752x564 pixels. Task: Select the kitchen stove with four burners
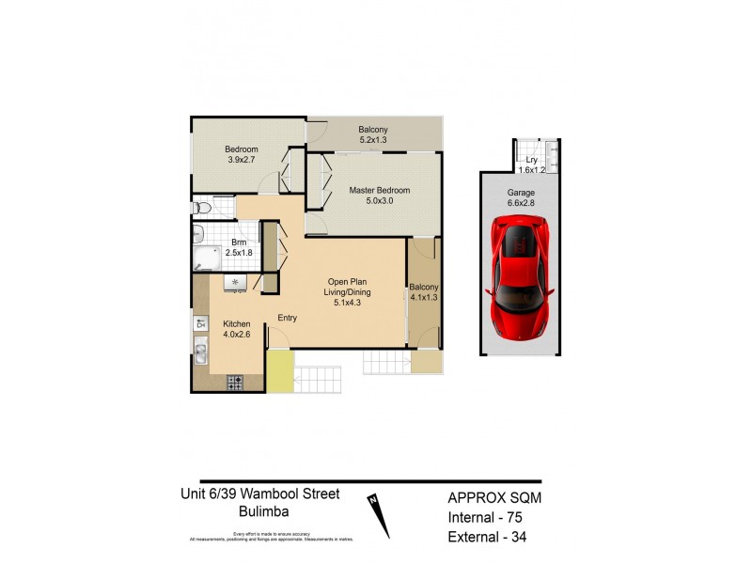click(x=234, y=382)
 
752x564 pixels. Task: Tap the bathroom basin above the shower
click(x=199, y=232)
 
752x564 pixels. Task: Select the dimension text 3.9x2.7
click(x=242, y=161)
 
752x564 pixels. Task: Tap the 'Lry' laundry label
click(x=531, y=160)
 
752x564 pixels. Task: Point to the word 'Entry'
click(x=287, y=318)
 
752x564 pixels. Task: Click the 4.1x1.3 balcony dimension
click(x=423, y=298)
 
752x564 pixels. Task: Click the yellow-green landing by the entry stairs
click(x=280, y=371)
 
